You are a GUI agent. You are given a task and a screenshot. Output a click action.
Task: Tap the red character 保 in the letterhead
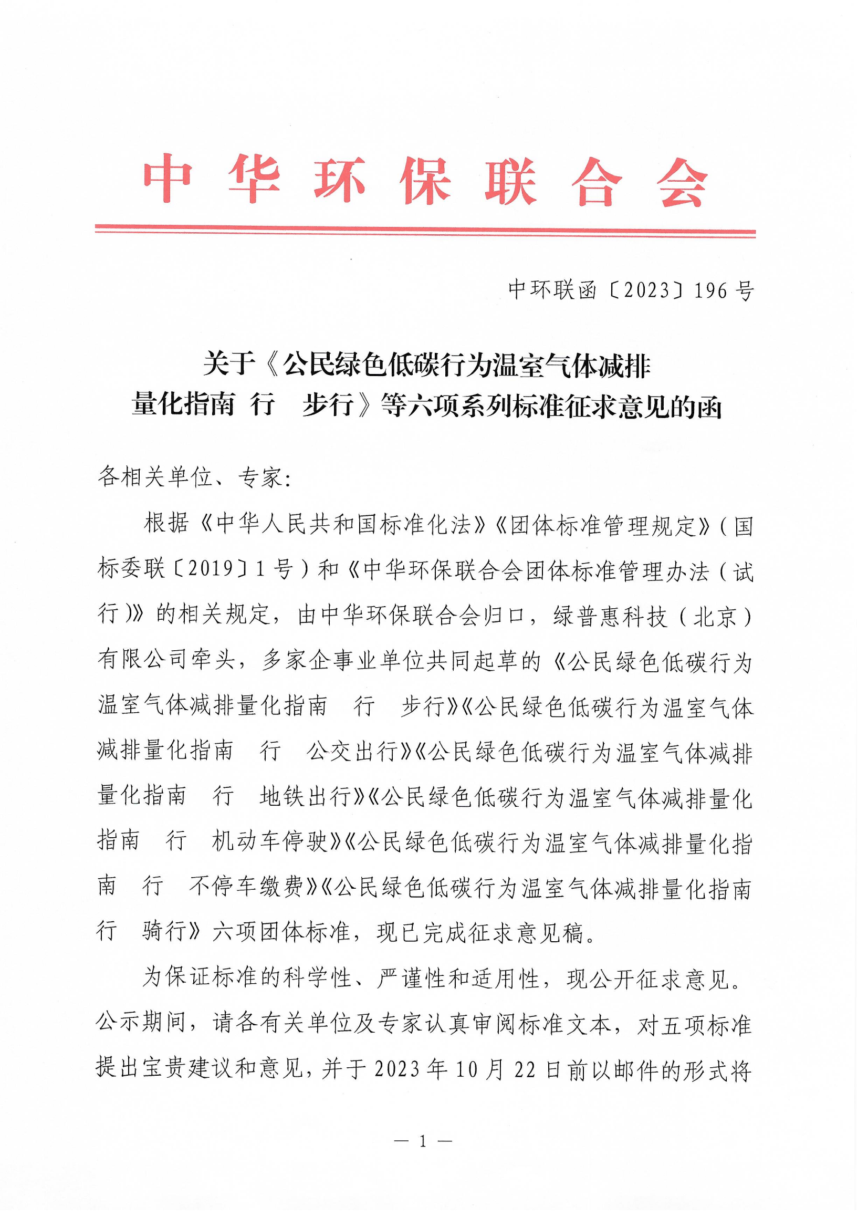point(425,181)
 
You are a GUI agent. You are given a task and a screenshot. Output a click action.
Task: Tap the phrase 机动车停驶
point(270,842)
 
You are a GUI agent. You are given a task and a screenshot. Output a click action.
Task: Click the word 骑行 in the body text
point(165,932)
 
